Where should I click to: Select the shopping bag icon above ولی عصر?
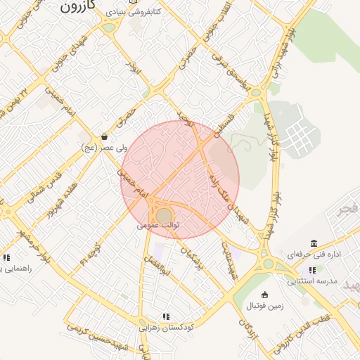pyautogui.click(x=105, y=137)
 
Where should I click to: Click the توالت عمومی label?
pyautogui.click(x=159, y=226)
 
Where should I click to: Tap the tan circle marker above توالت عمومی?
pyautogui.click(x=164, y=214)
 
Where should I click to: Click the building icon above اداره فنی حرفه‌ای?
pyautogui.click(x=313, y=243)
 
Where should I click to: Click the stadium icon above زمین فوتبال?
pyautogui.click(x=264, y=295)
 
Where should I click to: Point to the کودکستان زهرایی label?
pyautogui.click(x=166, y=327)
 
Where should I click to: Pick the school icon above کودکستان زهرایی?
pyautogui.click(x=166, y=316)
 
